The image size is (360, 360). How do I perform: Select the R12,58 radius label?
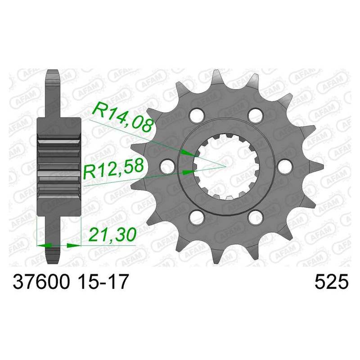113,168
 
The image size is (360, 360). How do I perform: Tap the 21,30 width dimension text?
112,234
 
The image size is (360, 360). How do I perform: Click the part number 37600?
41,282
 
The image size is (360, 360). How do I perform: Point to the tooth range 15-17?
103,282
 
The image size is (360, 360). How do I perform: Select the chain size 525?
331,282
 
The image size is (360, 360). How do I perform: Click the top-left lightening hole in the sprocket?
197,115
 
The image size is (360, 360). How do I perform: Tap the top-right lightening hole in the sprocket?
256,115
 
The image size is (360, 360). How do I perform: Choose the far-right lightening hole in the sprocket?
285,166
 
